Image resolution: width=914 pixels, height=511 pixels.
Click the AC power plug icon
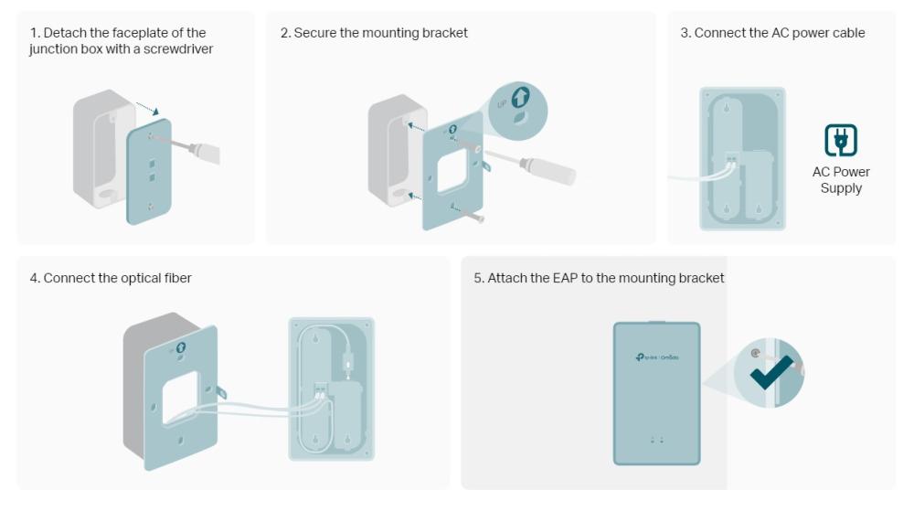(x=840, y=140)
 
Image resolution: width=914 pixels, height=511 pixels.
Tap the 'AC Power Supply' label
(x=841, y=180)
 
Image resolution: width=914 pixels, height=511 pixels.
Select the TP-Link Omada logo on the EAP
(x=656, y=357)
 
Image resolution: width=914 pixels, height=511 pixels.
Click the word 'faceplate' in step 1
(x=134, y=33)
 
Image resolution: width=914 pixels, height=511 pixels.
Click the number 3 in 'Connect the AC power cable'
(x=685, y=33)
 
